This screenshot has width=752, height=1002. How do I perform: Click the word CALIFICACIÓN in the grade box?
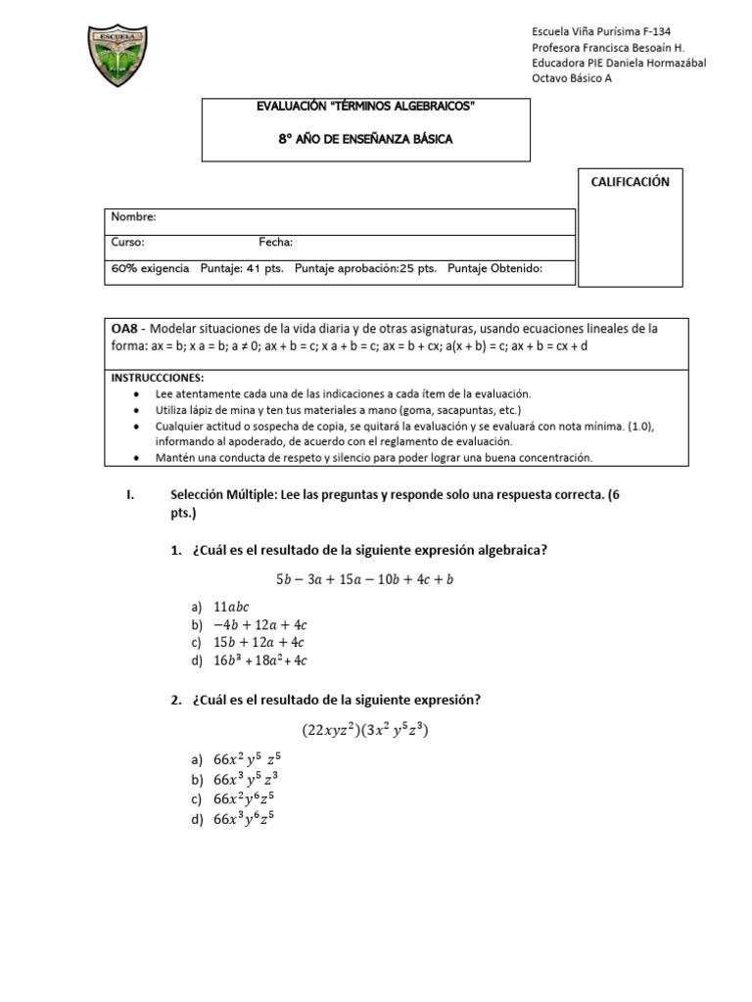(x=630, y=182)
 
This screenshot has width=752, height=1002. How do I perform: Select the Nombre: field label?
(x=133, y=217)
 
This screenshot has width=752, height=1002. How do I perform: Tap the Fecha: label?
(x=276, y=243)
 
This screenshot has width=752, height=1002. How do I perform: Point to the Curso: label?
(x=127, y=243)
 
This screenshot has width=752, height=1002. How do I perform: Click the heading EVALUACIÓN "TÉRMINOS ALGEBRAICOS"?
(x=365, y=106)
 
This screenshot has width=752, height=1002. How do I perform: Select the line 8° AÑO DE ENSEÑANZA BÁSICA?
(x=365, y=139)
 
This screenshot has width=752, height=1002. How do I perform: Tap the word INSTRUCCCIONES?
(x=157, y=377)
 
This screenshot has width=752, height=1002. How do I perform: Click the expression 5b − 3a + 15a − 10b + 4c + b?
(x=364, y=579)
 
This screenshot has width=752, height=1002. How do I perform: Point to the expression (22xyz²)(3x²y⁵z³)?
(x=365, y=730)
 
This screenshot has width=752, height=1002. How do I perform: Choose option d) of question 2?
(x=244, y=820)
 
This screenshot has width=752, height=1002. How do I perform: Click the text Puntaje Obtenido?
(x=494, y=268)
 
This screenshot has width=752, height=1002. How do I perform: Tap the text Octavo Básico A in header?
(x=571, y=79)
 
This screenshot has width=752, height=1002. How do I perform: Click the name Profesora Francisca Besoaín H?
(x=607, y=48)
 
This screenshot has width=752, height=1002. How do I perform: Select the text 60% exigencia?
(x=150, y=268)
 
